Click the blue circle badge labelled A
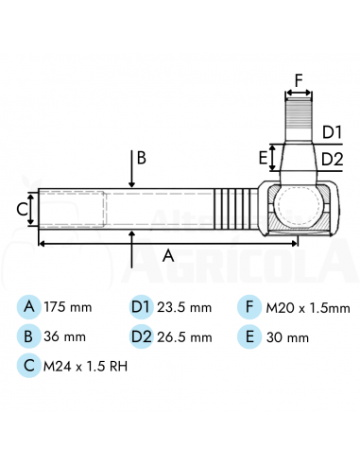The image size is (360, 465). [x=29, y=307]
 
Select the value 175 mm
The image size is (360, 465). [x=68, y=307]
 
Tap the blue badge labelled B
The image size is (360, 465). [x=29, y=336]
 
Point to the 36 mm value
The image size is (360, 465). [x=64, y=336]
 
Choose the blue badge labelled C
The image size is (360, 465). [x=29, y=366]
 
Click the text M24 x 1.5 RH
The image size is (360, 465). [x=85, y=366]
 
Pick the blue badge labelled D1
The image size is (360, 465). [x=142, y=307]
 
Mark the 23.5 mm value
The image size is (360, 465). [x=184, y=307]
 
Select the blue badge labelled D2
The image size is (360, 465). [x=142, y=336]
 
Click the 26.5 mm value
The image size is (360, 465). [x=184, y=337]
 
